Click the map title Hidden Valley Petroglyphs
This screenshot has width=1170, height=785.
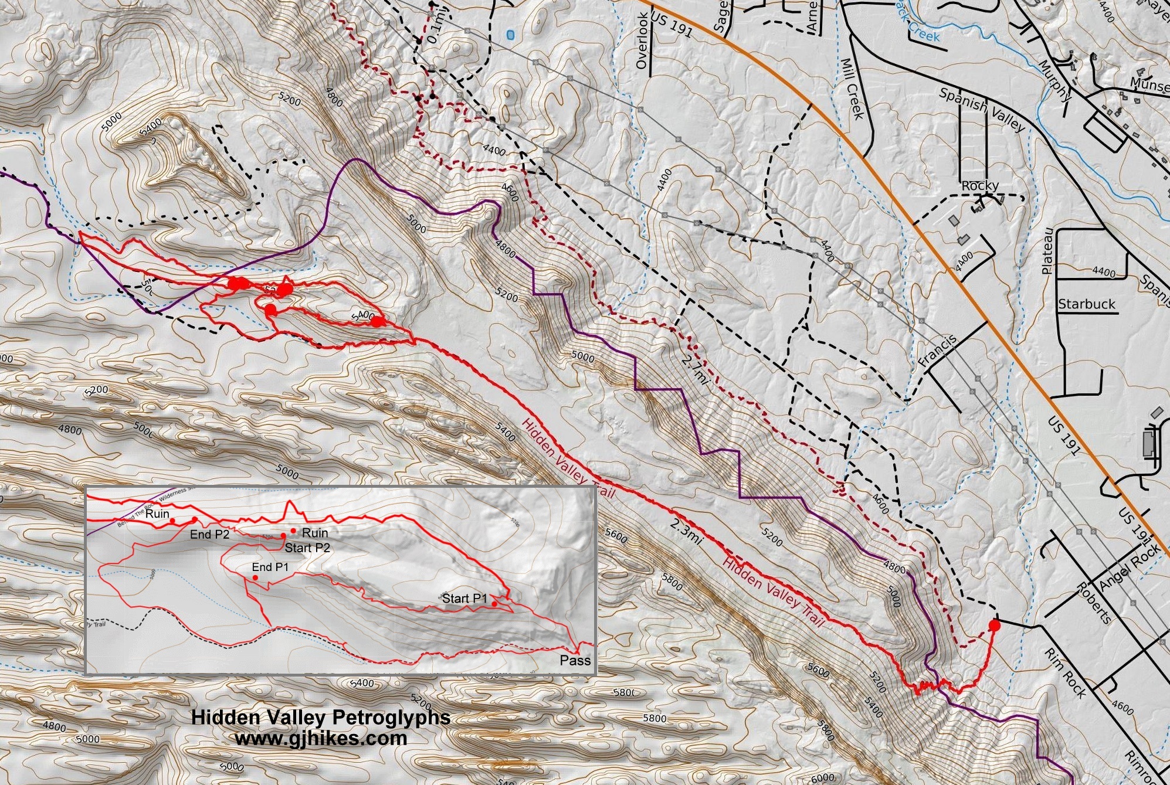(x=321, y=718)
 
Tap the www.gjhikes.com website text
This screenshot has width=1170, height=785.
(x=321, y=738)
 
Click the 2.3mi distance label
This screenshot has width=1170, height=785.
(x=687, y=529)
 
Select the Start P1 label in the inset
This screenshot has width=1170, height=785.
(x=464, y=599)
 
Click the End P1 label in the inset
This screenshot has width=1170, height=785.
(x=270, y=567)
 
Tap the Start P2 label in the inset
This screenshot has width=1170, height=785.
(x=307, y=548)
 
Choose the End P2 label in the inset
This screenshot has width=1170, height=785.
(x=209, y=535)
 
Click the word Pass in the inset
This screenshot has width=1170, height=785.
(x=575, y=661)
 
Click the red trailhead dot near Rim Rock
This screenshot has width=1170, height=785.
(x=994, y=626)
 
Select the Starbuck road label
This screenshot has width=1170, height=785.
(x=1086, y=304)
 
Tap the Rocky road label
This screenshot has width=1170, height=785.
(x=980, y=186)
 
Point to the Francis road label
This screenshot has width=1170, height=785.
(x=937, y=351)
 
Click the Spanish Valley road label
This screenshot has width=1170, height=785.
(x=982, y=110)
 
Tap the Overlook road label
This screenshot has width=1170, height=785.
(x=642, y=41)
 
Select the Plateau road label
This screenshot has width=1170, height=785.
(x=1047, y=251)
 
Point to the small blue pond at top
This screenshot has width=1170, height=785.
(x=510, y=35)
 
